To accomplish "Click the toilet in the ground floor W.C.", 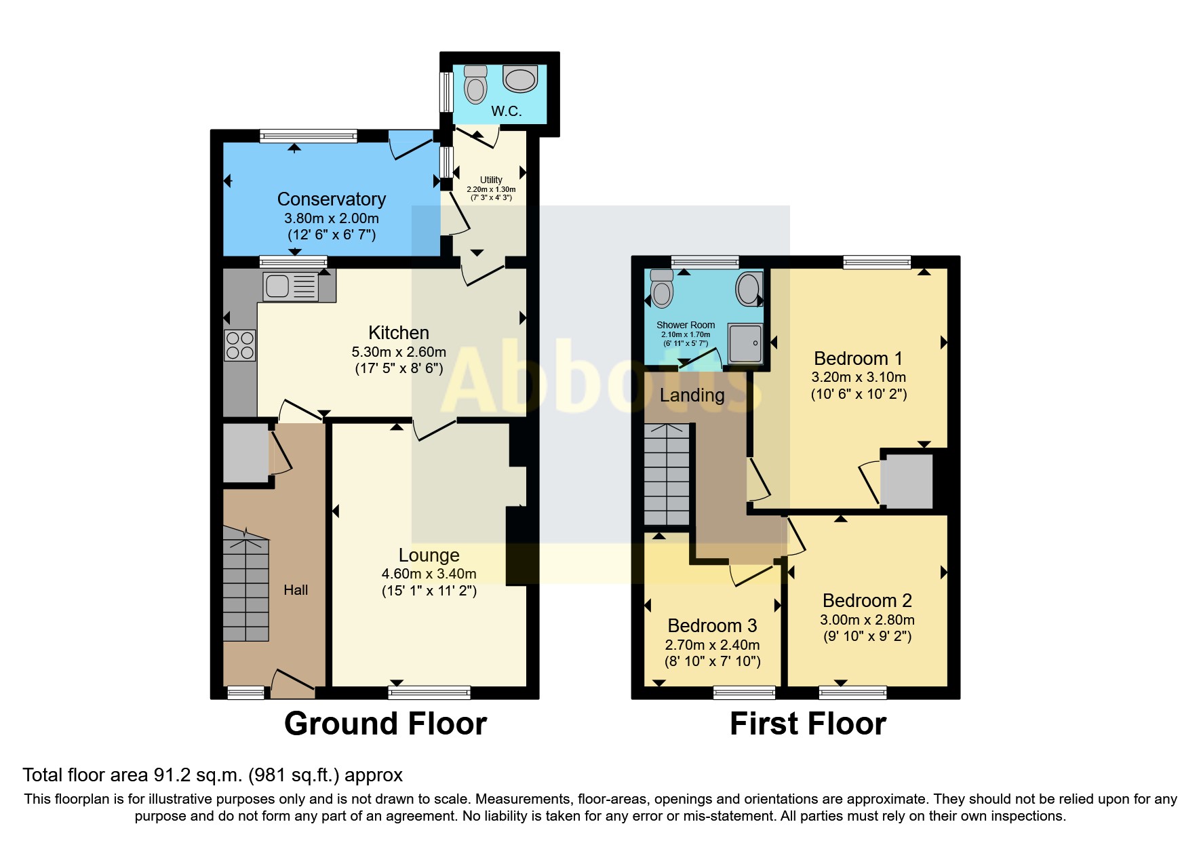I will click(x=475, y=85).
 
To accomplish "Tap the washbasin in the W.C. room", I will click(x=520, y=79).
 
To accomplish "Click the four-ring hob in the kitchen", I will click(x=239, y=345).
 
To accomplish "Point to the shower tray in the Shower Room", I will click(x=745, y=343).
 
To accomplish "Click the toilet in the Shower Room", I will click(x=661, y=290).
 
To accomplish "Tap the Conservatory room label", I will click(x=332, y=199).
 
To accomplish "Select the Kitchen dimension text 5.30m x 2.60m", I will click(x=399, y=352).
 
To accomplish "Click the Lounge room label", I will click(x=429, y=555).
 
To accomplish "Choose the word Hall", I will click(x=296, y=590).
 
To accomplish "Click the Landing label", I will click(x=692, y=395).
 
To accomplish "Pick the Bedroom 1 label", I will click(x=858, y=358).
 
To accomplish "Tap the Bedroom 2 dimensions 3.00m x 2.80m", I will click(x=867, y=620).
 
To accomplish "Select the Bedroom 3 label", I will click(x=712, y=625).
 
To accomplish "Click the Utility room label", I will click(x=491, y=180).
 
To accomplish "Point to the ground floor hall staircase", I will click(x=245, y=587).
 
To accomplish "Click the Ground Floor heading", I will click(x=385, y=724).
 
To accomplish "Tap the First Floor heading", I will click(x=807, y=724).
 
